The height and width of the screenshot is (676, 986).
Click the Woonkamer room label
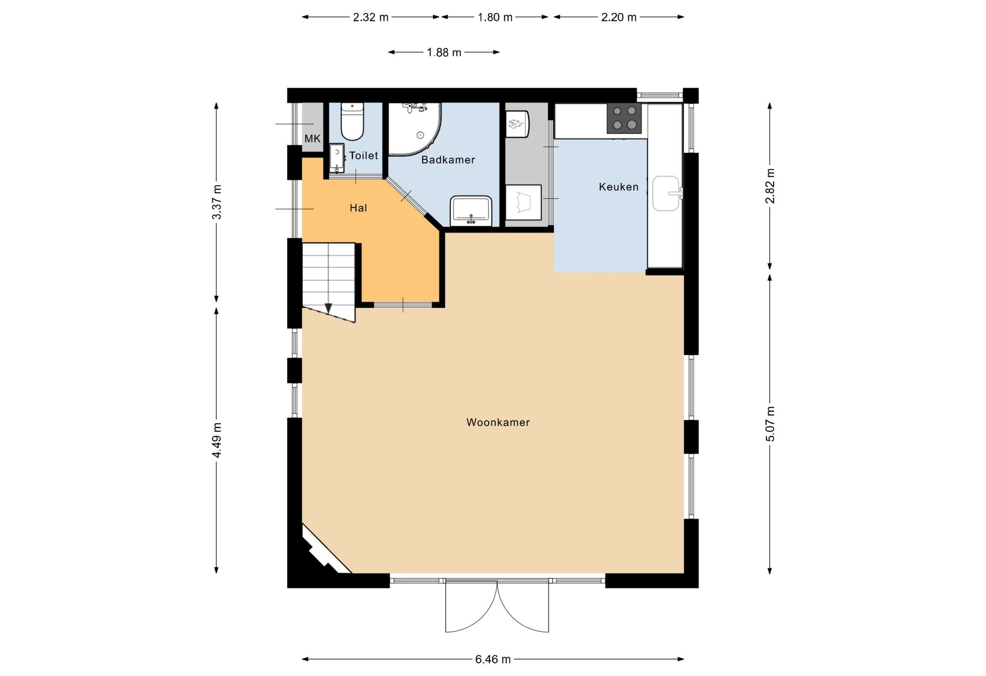click(x=498, y=422)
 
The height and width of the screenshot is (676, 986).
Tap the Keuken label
click(x=619, y=187)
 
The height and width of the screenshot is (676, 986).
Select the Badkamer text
click(x=448, y=160)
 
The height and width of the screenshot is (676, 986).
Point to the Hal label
click(x=358, y=208)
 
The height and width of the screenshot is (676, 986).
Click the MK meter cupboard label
click(x=312, y=139)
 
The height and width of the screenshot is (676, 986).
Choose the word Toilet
click(x=363, y=156)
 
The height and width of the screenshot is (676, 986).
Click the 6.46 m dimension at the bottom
click(x=493, y=659)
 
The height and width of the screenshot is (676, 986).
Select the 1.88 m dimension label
click(x=444, y=52)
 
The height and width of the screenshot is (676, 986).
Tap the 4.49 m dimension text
click(x=217, y=441)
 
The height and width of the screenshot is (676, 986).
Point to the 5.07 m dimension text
click(x=770, y=424)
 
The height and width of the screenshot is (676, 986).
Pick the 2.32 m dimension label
click(x=371, y=17)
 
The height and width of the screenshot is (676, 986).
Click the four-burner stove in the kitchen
click(x=624, y=118)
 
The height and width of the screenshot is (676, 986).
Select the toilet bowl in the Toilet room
click(x=352, y=121)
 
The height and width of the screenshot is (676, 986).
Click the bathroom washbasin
click(x=471, y=211)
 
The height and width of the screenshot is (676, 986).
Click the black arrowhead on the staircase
click(x=329, y=308)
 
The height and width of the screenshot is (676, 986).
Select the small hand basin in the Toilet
click(x=337, y=158)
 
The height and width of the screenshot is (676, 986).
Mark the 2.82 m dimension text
click(x=770, y=186)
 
